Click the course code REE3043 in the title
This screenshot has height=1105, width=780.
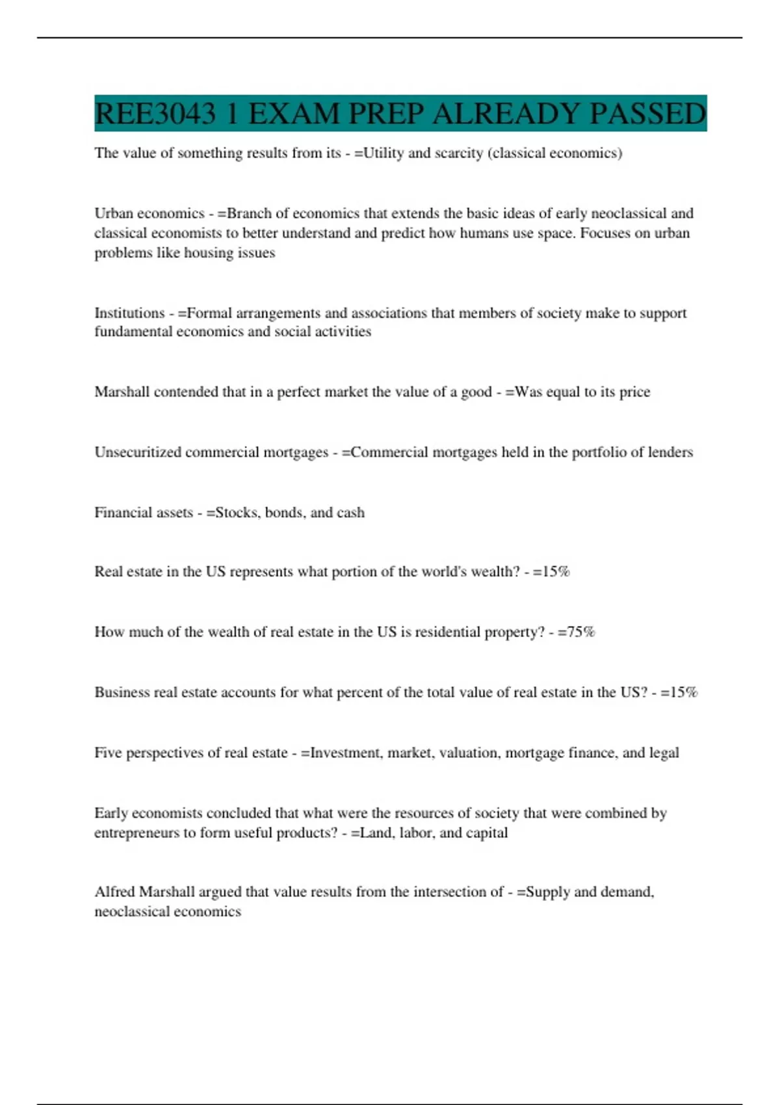tap(155, 114)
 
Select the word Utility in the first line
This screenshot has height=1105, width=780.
tap(383, 153)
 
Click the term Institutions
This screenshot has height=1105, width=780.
tap(129, 313)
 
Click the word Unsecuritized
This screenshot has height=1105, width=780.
tap(138, 452)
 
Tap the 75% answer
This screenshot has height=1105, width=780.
tap(580, 632)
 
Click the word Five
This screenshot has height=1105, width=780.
tap(108, 753)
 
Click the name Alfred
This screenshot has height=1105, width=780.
tap(115, 892)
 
